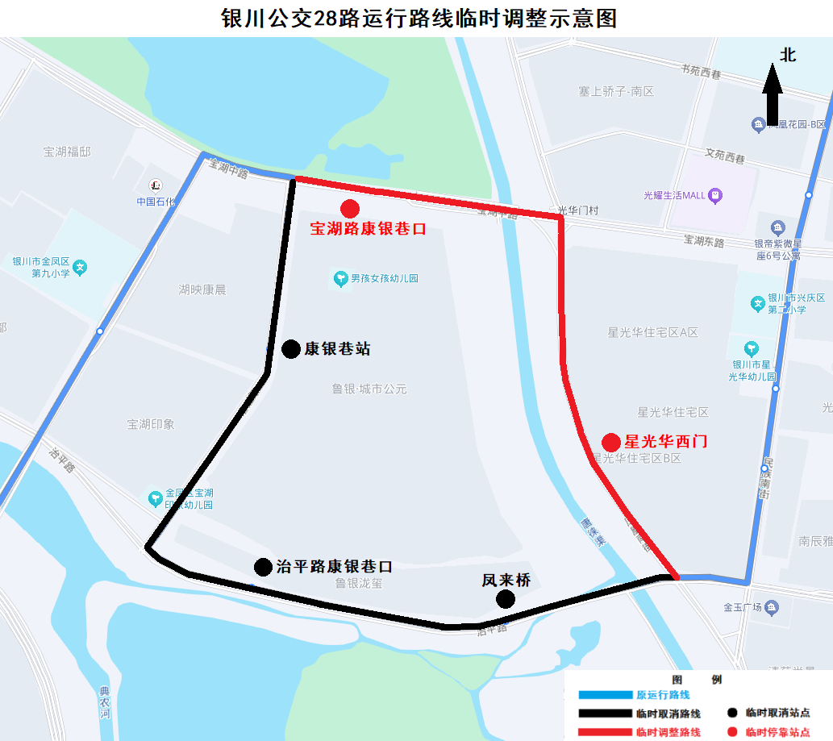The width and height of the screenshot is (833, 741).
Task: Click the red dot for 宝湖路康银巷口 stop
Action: (x=350, y=209)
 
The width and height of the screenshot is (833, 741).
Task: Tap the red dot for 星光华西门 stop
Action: (x=611, y=442)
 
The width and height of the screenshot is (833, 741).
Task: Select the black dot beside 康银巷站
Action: (x=291, y=348)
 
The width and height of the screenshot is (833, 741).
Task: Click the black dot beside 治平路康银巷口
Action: (x=263, y=567)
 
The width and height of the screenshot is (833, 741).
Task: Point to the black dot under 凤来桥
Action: (x=506, y=598)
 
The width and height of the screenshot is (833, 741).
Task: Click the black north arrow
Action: (x=773, y=93)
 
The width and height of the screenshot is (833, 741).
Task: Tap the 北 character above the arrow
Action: (x=787, y=55)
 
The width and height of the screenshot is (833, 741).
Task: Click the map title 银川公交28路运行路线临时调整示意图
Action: (x=419, y=18)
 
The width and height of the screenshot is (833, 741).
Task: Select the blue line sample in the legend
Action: (x=605, y=694)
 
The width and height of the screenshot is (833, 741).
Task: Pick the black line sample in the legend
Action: (x=605, y=714)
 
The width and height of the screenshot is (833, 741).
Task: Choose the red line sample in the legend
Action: (x=605, y=732)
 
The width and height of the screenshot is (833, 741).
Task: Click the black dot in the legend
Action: (x=732, y=713)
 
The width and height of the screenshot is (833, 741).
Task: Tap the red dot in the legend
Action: (x=732, y=732)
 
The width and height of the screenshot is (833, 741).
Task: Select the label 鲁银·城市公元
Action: (x=369, y=389)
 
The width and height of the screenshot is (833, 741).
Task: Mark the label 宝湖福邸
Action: (x=68, y=151)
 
